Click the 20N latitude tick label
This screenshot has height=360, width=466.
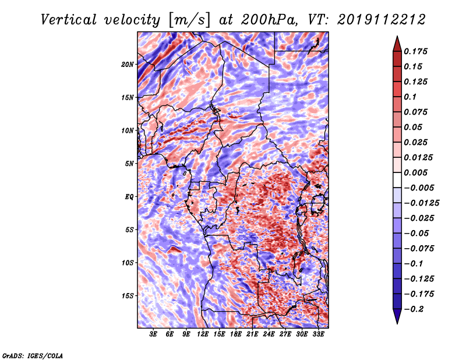click(x=128, y=65)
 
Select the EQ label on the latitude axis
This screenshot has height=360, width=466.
click(x=129, y=197)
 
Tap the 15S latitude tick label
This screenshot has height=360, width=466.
click(x=128, y=296)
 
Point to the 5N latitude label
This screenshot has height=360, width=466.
click(x=129, y=164)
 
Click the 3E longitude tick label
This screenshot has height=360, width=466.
click(x=153, y=334)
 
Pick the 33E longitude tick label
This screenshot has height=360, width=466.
click(x=318, y=334)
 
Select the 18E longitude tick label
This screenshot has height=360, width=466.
click(x=236, y=334)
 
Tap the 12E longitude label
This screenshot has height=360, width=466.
click(x=203, y=334)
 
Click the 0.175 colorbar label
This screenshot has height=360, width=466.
click(x=415, y=51)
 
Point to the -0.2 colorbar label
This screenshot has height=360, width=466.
click(x=414, y=309)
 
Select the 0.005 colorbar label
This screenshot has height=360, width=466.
click(x=415, y=172)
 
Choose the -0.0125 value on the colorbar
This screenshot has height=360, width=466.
click(x=421, y=203)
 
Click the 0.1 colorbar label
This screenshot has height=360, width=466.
click(x=410, y=97)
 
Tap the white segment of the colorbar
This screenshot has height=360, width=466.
click(x=397, y=180)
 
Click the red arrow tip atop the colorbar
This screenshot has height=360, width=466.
click(x=397, y=36)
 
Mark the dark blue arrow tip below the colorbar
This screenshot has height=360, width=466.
click(x=397, y=323)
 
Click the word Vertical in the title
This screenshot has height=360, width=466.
click(x=69, y=20)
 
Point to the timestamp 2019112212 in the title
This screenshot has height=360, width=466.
click(x=382, y=20)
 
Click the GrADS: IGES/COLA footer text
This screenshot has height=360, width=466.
click(x=33, y=355)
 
